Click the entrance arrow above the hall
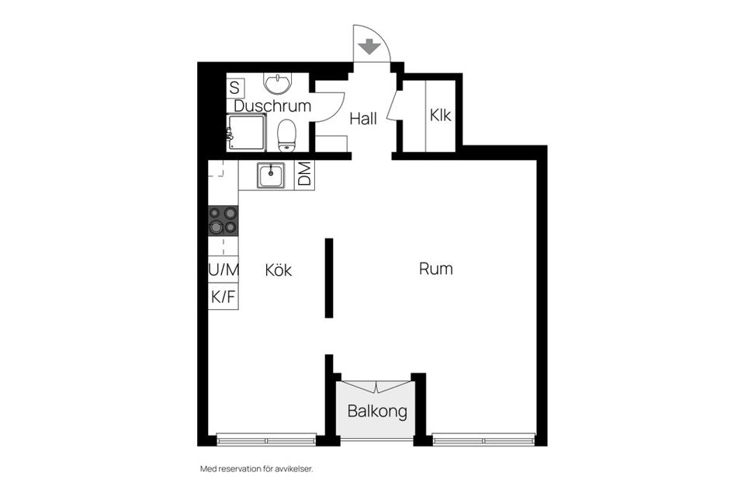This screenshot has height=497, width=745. click(370, 47)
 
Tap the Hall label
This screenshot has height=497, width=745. click(363, 119)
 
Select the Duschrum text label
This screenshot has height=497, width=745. click(272, 106)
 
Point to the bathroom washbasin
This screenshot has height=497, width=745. click(275, 82)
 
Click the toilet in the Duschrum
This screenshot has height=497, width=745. click(287, 135)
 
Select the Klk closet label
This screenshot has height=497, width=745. click(440, 116)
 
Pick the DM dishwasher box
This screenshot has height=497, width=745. click(304, 175)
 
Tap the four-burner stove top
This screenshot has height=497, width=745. click(223, 221)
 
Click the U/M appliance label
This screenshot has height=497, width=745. click(223, 270)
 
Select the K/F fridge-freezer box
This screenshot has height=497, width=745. click(223, 296)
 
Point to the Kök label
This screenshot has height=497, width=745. click(278, 270)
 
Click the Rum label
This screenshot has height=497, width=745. click(435, 269)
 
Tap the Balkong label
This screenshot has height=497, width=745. click(377, 412)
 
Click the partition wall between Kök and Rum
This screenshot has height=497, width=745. click(329, 277)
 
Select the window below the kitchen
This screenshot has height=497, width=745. click(266, 440)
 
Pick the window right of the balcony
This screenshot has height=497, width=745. click(483, 440)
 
